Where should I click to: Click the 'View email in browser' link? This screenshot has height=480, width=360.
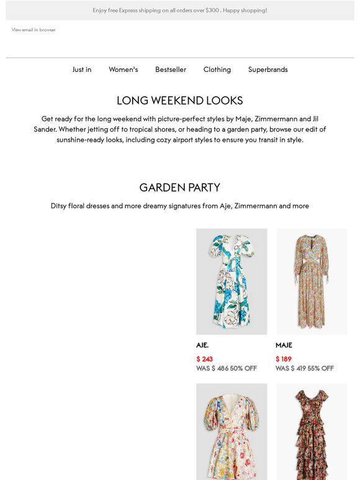coord(34,30)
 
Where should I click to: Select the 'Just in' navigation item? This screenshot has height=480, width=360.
coord(82,69)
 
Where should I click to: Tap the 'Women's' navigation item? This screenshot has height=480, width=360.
coord(124,69)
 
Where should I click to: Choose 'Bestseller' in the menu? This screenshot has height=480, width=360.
coord(171,69)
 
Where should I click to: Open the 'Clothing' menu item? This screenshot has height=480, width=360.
coord(217,69)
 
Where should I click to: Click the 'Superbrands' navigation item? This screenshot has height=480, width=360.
coord(268,69)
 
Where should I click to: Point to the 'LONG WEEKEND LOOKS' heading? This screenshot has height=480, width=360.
coord(180,100)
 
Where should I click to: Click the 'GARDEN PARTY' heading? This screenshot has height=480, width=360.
coord(180,187)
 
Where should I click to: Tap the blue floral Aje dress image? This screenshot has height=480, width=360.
coord(232,282)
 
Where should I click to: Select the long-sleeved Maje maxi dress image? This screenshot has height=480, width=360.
coord(312,282)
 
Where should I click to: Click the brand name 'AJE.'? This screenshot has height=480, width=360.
coord(202,345)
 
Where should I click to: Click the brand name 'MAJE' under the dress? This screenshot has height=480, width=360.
coord(284,345)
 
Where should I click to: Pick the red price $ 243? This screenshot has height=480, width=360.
coord(205,359)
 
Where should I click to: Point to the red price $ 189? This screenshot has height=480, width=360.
coord(284,359)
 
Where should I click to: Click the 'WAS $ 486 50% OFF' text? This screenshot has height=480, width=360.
coord(227,368)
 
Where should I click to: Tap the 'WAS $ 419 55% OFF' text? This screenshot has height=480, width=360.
coord(305,368)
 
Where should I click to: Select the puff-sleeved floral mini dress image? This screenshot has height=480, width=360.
coord(232,432)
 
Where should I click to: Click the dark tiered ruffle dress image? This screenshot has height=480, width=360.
coord(312,432)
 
